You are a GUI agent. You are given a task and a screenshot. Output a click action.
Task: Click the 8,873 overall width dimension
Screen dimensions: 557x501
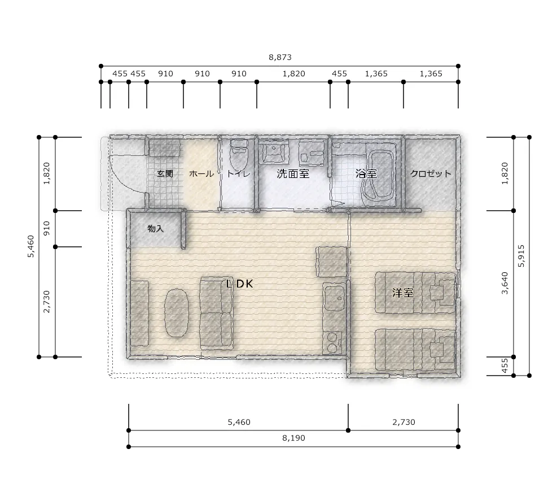pyautogui.click(x=280, y=57)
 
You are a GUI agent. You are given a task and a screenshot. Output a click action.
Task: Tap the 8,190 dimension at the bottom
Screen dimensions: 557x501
pyautogui.click(x=293, y=438)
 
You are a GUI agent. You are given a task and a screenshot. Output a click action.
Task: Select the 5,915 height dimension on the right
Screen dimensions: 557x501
pyautogui.click(x=521, y=256)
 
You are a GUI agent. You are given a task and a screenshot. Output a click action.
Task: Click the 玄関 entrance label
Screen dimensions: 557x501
pyautogui.click(x=165, y=173)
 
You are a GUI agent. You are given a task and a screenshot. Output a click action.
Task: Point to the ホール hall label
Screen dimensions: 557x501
pyautogui.click(x=201, y=173)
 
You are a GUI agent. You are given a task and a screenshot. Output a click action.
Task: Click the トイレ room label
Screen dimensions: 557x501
pyautogui.click(x=238, y=173)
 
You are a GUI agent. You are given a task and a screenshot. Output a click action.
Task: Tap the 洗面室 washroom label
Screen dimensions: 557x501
pyautogui.click(x=293, y=173)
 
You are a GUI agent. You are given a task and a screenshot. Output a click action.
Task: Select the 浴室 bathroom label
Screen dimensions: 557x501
pyautogui.click(x=366, y=173)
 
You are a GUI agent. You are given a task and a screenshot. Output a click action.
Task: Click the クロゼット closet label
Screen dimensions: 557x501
pyautogui.click(x=431, y=173)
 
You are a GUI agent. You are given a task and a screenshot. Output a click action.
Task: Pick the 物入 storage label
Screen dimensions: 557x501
pyautogui.click(x=156, y=228)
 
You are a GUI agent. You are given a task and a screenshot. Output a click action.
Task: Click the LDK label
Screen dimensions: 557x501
pyautogui.click(x=240, y=284)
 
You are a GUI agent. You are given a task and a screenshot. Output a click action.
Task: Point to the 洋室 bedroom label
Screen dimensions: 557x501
pyautogui.click(x=403, y=293)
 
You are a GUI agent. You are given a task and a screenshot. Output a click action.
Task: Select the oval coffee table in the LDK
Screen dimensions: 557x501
pyautogui.click(x=176, y=312)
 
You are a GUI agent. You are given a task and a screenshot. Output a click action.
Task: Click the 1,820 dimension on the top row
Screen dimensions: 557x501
pyautogui.click(x=294, y=73)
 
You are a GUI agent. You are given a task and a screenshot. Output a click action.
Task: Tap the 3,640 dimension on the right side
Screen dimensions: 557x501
pyautogui.click(x=505, y=283)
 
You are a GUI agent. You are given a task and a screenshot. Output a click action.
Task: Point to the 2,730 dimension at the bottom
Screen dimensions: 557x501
pyautogui.click(x=404, y=422)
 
